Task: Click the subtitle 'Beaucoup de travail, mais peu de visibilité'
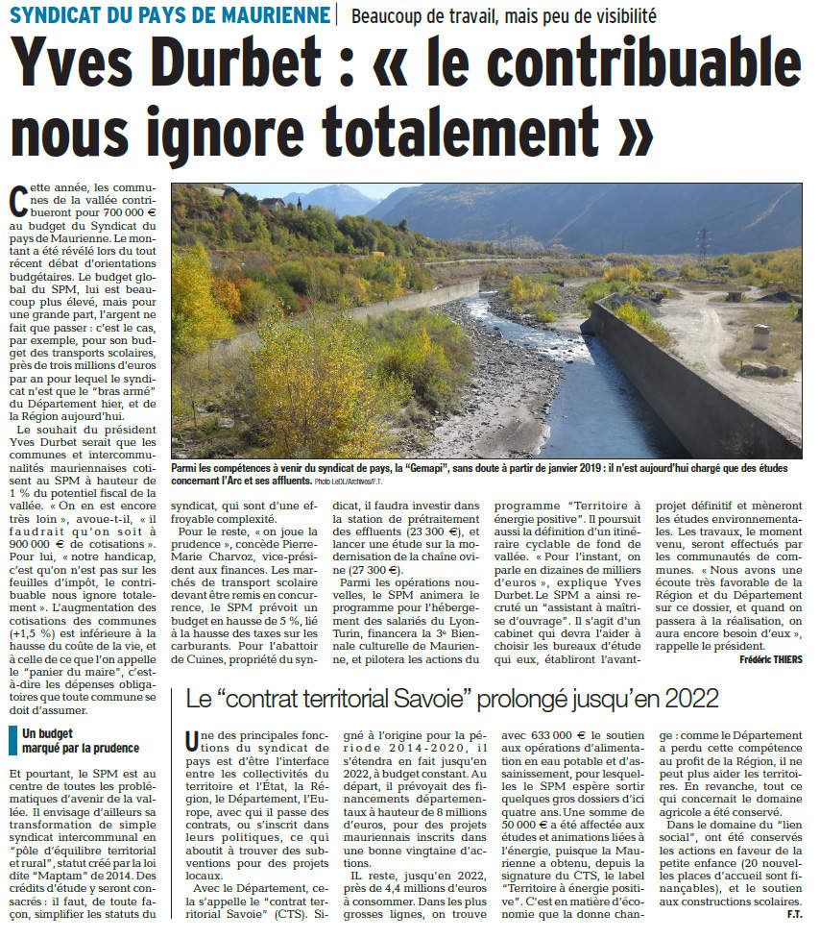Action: (x=504, y=14)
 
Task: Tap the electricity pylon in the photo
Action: (x=703, y=245)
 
